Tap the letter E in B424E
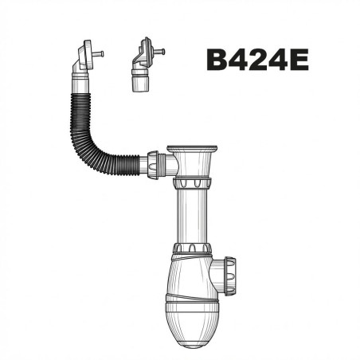click(x=299, y=60)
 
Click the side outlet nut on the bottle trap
click(x=230, y=276)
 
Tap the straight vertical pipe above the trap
click(x=192, y=215)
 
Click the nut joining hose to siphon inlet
click(x=153, y=165)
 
